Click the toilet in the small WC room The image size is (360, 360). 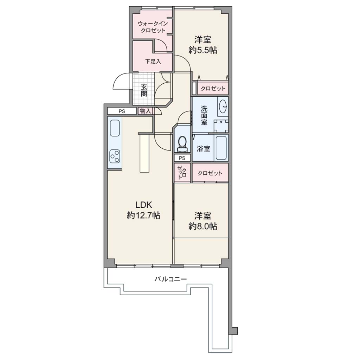pyautogui.click(x=182, y=144)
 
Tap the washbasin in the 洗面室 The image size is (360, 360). pyautogui.click(x=223, y=106)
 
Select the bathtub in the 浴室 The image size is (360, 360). pyautogui.click(x=221, y=147)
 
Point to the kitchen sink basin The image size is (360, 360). pyautogui.click(x=115, y=128)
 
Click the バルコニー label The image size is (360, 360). pyautogui.click(x=171, y=279)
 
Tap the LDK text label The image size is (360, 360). pyautogui.click(x=144, y=204)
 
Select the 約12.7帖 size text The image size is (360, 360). pyautogui.click(x=143, y=216)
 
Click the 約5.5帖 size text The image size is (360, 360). pyautogui.click(x=203, y=50)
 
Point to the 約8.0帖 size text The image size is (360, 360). pyautogui.click(x=203, y=226)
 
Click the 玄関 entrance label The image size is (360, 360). pyautogui.click(x=144, y=90)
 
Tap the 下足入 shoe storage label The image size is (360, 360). pyautogui.click(x=153, y=61)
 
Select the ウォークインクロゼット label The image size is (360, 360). pyautogui.click(x=153, y=27)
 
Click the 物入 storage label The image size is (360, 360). pyautogui.click(x=145, y=111)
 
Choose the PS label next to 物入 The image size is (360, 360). pyautogui.click(x=122, y=111)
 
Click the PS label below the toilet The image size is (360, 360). pyautogui.click(x=182, y=158)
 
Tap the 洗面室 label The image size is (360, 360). pyautogui.click(x=204, y=115)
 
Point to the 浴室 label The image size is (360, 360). pyautogui.click(x=204, y=149)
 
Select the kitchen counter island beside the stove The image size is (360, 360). pyautogui.click(x=144, y=153)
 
